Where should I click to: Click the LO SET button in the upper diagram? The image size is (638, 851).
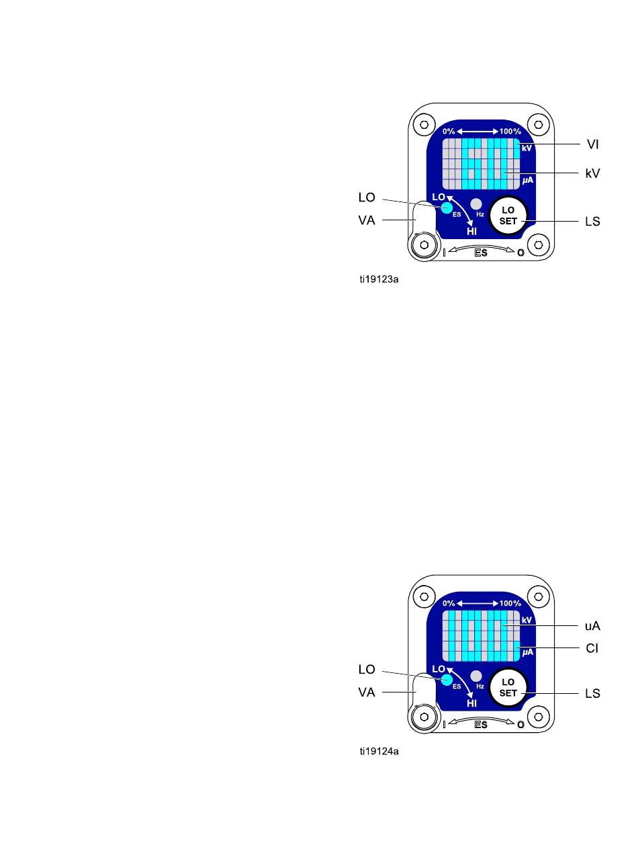pyautogui.click(x=508, y=216)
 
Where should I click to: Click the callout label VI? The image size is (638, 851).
pyautogui.click(x=592, y=144)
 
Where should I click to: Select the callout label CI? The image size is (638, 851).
pyautogui.click(x=592, y=648)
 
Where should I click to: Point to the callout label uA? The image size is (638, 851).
pyautogui.click(x=592, y=626)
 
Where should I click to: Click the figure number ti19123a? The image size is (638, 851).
pyautogui.click(x=379, y=279)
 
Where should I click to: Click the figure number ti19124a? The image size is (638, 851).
pyautogui.click(x=379, y=752)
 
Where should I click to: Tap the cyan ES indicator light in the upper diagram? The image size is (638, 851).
pyautogui.click(x=447, y=208)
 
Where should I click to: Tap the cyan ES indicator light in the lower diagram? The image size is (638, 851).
pyautogui.click(x=447, y=680)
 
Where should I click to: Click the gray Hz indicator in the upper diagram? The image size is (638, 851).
pyautogui.click(x=476, y=204)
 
